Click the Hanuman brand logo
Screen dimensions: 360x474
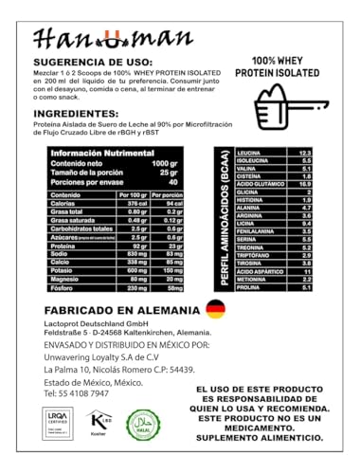[x=99, y=39]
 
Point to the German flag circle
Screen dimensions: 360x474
[x=217, y=308]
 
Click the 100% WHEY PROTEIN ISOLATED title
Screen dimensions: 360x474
[x=297, y=68]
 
